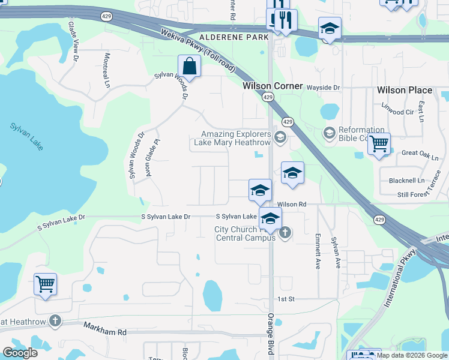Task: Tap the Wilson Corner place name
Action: tap(273, 86)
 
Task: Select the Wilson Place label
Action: tap(404, 90)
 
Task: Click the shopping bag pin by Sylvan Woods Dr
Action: tap(189, 67)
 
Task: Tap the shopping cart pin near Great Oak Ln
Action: tap(379, 144)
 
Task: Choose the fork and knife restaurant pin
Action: tap(286, 21)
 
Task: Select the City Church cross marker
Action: tap(285, 232)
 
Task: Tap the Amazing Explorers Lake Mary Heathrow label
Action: tap(236, 139)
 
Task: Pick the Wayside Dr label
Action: tap(323, 88)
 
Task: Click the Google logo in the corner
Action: tap(20, 353)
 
